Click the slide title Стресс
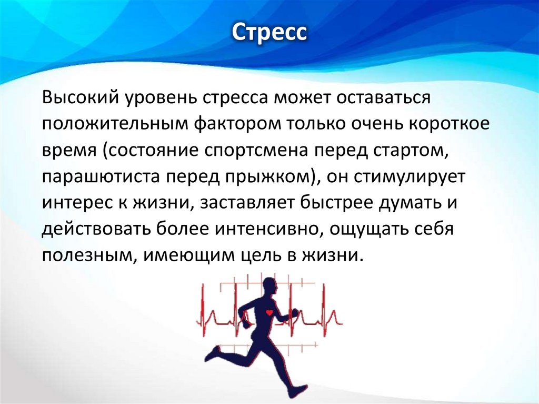(269, 33)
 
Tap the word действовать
(96, 230)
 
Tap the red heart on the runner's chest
(269, 312)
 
